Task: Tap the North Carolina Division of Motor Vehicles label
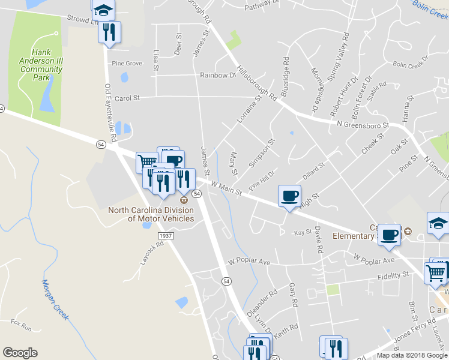[151, 214]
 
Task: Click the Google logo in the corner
[20, 353]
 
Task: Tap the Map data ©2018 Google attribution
[412, 355]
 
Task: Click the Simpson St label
[262, 152]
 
